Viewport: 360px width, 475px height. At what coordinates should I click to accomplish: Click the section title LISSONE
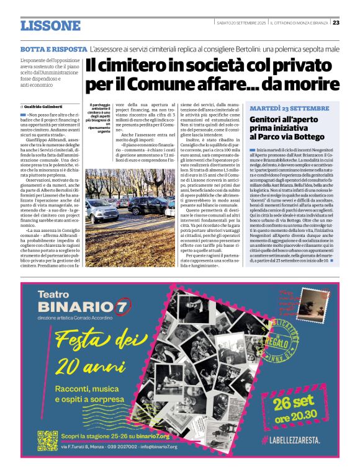point(50,25)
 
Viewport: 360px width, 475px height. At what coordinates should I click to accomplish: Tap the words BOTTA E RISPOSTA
point(53,48)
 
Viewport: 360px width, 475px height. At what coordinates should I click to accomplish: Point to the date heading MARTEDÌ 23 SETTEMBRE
point(289,109)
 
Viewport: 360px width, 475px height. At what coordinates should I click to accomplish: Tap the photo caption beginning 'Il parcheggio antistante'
point(100,117)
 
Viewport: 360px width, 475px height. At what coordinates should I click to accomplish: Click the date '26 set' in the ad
point(302,403)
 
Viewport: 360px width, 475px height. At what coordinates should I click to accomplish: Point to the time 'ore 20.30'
point(302,418)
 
